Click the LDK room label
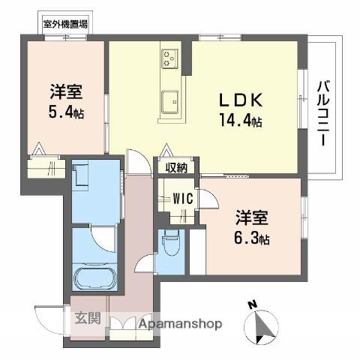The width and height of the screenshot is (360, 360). [241, 100]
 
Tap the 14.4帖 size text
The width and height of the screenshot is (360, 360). [241, 120]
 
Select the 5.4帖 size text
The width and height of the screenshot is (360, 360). [66, 112]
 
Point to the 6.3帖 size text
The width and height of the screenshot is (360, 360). [251, 238]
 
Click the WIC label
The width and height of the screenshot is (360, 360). [183, 199]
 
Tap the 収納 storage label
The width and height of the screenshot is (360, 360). [177, 167]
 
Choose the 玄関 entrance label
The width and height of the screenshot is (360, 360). [88, 319]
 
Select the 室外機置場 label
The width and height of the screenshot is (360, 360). [65, 24]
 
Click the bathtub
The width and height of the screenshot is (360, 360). [94, 278]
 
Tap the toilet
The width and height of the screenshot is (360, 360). [171, 241]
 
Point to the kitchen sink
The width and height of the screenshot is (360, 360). [170, 101]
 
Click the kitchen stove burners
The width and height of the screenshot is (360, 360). [169, 58]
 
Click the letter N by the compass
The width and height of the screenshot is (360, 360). [253, 305]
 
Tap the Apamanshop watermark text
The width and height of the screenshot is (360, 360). [180, 324]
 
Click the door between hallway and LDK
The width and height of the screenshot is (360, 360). [139, 161]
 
